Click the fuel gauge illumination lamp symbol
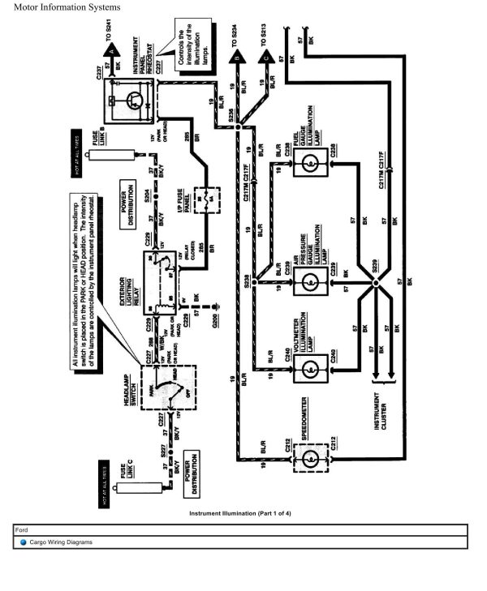pos(308,163)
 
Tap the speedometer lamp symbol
pos(308,457)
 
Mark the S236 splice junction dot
pos(237,127)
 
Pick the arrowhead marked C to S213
pos(265,58)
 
